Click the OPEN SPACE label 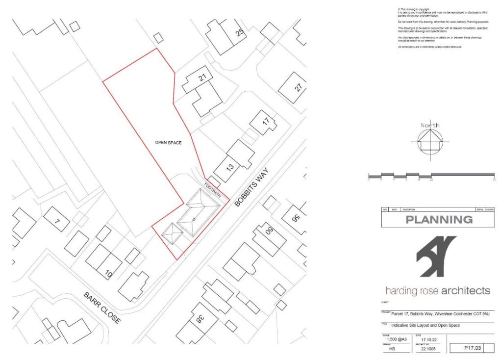click(168, 143)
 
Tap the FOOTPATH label click(213, 190)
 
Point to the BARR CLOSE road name click(101, 308)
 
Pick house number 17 click(265, 121)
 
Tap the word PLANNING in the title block click(439, 220)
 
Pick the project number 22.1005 click(424, 350)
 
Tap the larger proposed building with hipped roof click(195, 219)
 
